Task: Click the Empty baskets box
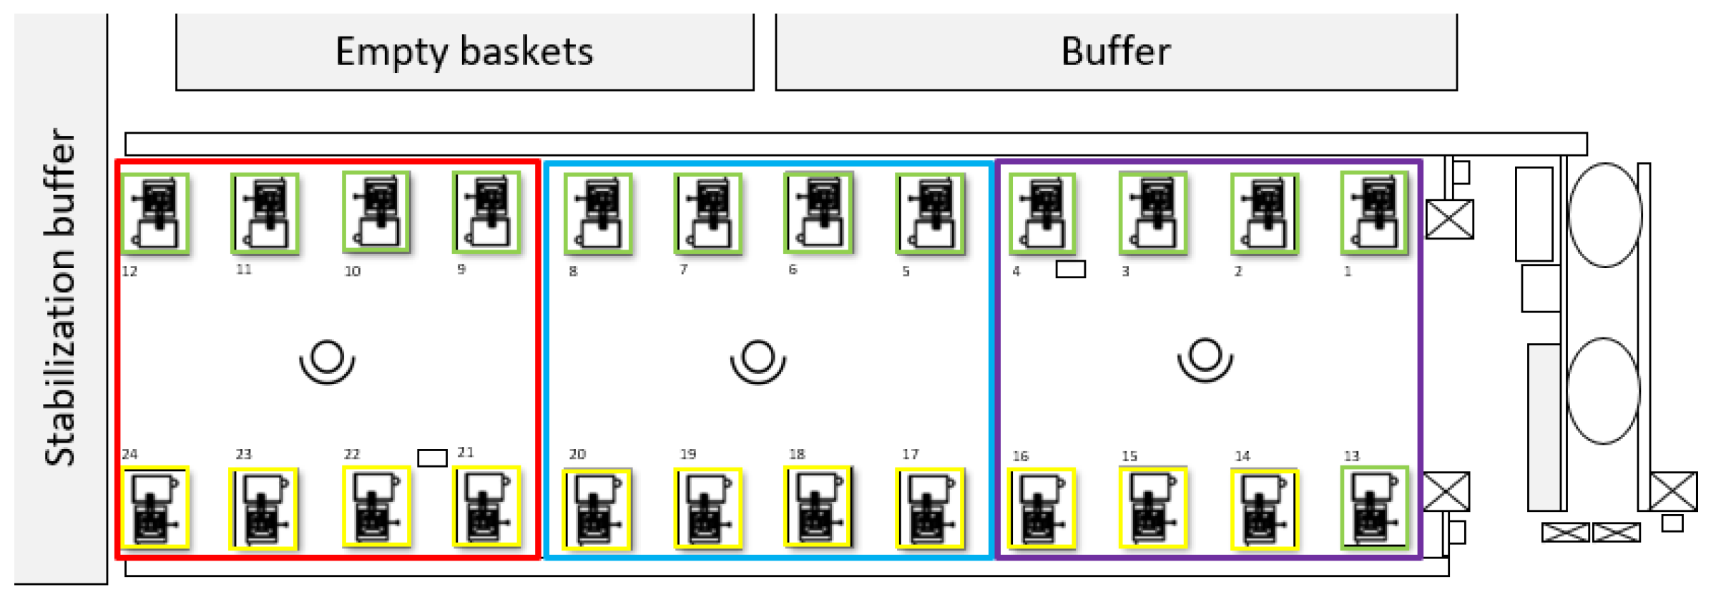pos(465,51)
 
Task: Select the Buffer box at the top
pos(1116,51)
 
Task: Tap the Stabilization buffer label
pos(60,297)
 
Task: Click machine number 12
pos(156,213)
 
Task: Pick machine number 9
pos(487,212)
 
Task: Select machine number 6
pos(819,212)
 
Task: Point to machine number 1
pos(1375,213)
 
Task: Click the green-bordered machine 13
pos(1375,508)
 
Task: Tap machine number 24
pos(155,508)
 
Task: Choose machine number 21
pos(487,508)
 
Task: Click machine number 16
pos(1042,508)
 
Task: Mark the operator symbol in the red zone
pos(327,360)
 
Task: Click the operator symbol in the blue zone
pos(758,360)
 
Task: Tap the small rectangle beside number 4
pos(1071,269)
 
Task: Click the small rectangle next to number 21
pos(432,458)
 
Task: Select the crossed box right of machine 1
pos(1449,219)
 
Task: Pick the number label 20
pos(577,454)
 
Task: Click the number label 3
pos(1125,272)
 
